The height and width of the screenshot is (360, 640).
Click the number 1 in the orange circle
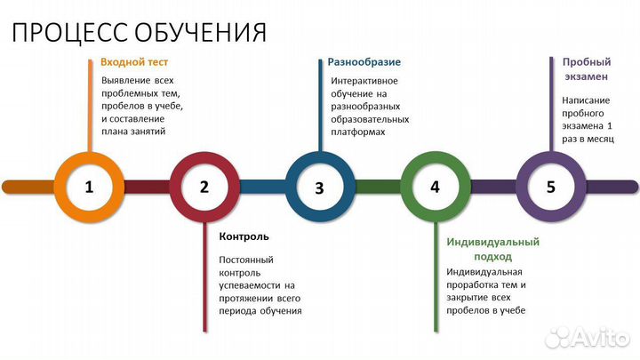coord(89,187)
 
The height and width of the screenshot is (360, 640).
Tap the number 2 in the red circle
coord(204,187)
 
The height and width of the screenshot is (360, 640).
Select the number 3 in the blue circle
coord(320,188)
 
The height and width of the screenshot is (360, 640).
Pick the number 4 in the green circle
coord(435,187)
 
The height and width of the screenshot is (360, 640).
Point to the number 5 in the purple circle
coord(550,187)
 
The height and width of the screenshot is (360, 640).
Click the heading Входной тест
coord(134,62)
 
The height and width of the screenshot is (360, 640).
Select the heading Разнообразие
coord(364,62)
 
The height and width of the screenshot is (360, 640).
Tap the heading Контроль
coord(244,236)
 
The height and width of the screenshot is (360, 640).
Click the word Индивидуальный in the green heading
coord(493,242)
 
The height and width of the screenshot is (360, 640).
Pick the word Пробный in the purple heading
coord(586,62)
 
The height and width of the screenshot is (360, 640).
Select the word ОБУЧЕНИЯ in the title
coord(201,33)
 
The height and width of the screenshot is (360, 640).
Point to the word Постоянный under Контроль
coord(246,260)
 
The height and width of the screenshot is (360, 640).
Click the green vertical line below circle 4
coord(436,267)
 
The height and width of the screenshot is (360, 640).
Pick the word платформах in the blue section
coord(356,131)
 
